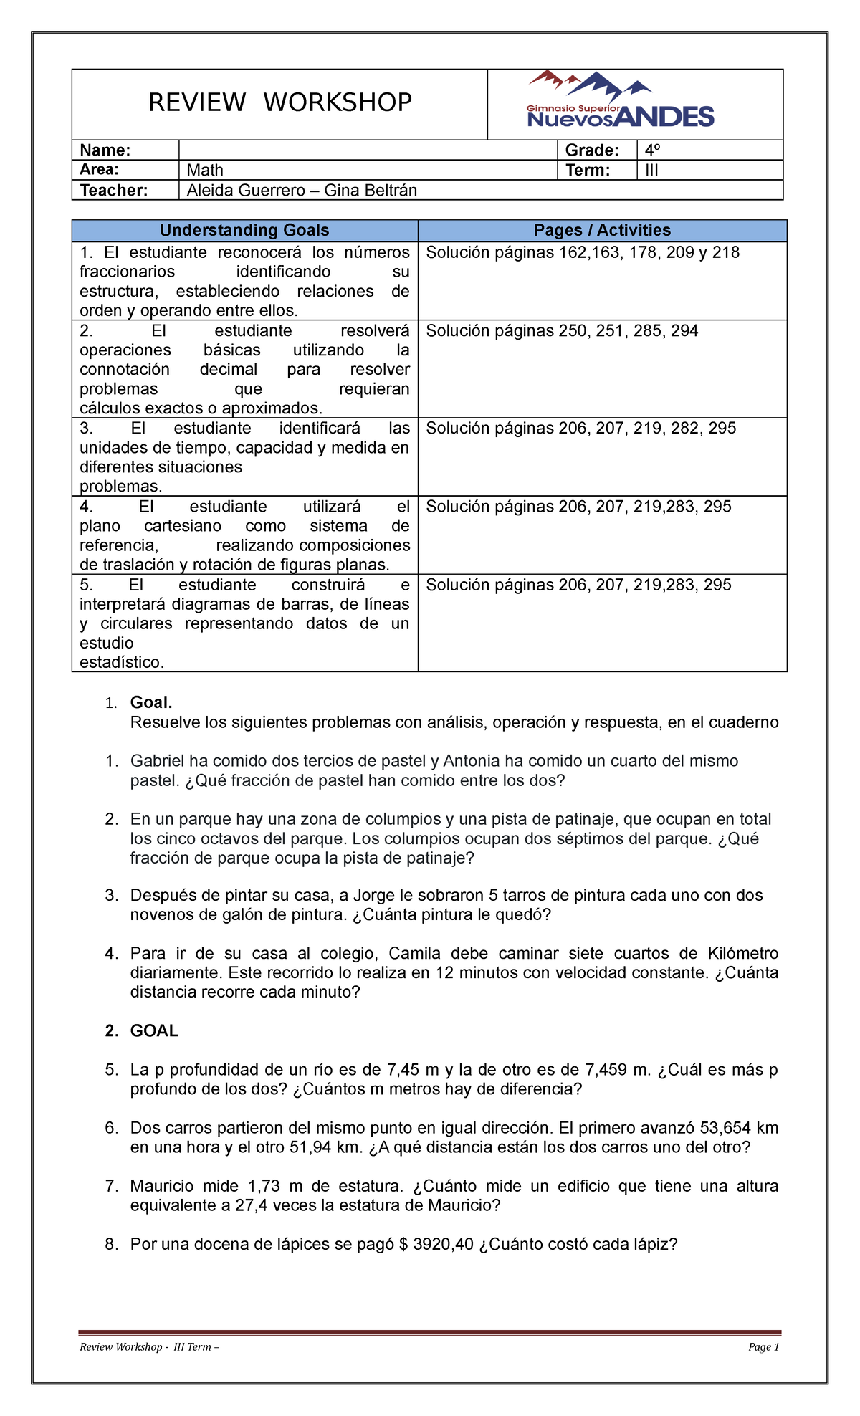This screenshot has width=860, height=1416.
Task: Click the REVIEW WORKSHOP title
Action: point(279,102)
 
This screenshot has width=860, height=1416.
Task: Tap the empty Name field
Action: point(367,150)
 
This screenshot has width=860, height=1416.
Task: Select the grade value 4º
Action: point(651,150)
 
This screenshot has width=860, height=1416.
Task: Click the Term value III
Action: point(651,170)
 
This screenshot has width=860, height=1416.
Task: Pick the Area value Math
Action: point(205,170)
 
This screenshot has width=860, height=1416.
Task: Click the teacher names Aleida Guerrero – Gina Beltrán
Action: point(302,190)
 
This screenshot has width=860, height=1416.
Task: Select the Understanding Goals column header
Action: point(244,230)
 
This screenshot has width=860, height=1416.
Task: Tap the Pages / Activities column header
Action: point(602,230)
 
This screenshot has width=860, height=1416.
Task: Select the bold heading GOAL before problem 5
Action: point(154,1030)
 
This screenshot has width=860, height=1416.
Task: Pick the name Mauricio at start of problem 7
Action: point(161,1186)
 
